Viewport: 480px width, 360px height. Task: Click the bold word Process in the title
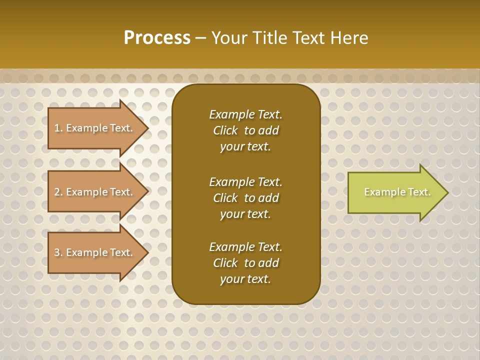[157, 37]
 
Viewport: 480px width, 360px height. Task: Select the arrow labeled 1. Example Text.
[95, 128]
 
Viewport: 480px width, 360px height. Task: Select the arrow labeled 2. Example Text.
[95, 192]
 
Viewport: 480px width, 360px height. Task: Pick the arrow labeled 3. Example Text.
[95, 252]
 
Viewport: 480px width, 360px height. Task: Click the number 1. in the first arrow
[58, 128]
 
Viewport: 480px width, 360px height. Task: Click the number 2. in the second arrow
[58, 192]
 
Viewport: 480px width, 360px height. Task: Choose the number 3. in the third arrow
[58, 252]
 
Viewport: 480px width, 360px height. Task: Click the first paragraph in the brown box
[245, 130]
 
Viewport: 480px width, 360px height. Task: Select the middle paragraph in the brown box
[245, 198]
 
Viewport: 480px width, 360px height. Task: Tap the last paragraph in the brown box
[245, 263]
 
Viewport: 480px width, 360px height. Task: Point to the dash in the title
[200, 38]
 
